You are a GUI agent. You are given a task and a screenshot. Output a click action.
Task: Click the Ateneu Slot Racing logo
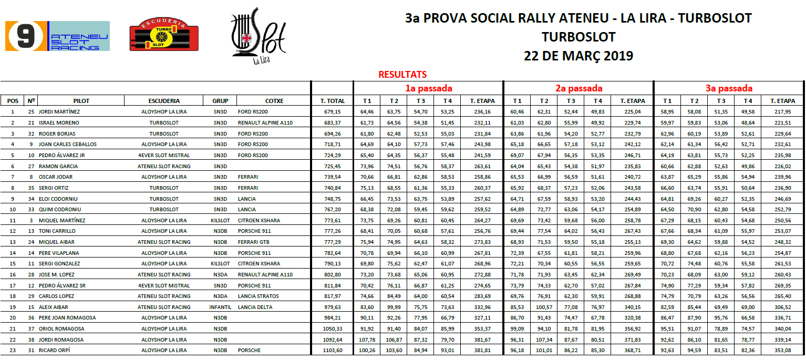(57, 36)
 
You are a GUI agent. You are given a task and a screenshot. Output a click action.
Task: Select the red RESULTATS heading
(402, 75)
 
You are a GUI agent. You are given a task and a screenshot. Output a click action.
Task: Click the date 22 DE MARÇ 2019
(578, 56)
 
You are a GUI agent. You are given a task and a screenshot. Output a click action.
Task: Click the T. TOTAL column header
(333, 101)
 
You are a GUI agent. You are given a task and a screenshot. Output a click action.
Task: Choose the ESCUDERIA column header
(164, 101)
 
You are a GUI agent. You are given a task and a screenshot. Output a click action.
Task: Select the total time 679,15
(333, 112)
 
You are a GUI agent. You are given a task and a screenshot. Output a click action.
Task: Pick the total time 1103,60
(333, 350)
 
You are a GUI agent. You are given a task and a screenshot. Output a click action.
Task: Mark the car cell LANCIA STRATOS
(259, 296)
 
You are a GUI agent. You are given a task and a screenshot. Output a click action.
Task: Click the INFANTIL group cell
(220, 307)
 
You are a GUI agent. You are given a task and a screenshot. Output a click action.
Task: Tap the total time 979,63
(333, 307)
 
